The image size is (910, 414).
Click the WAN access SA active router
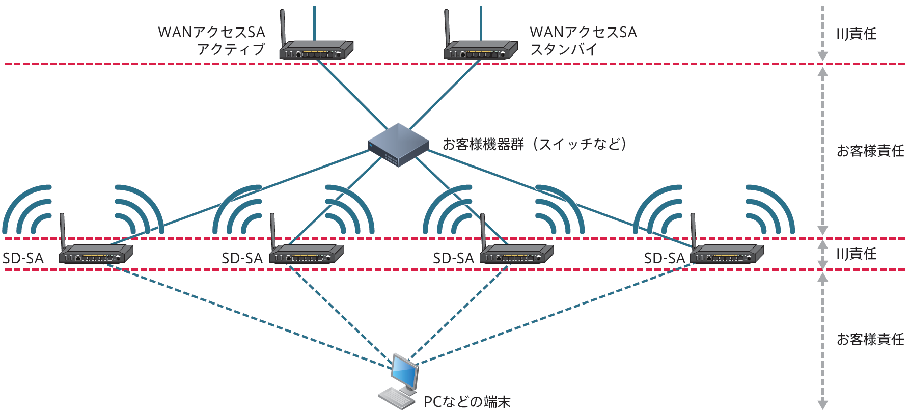[x=316, y=51]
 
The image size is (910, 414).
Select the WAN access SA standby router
[x=481, y=51]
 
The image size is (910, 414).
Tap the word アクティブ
[x=231, y=49]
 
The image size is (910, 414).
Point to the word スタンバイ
[x=563, y=49]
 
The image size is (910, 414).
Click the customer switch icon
[x=398, y=145]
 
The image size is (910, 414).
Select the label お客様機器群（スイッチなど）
[x=534, y=144]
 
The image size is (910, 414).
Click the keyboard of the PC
[x=397, y=398]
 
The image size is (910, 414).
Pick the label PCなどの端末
[x=467, y=402]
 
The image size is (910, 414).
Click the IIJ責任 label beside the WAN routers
[x=856, y=34]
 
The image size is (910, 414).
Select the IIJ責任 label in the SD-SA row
[x=856, y=254]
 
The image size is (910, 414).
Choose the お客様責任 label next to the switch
[x=870, y=151]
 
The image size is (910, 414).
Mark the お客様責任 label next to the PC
[x=870, y=339]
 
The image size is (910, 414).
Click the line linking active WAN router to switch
[x=351, y=94]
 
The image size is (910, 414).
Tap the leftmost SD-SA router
[x=96, y=254]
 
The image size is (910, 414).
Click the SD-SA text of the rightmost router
[x=664, y=258]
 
